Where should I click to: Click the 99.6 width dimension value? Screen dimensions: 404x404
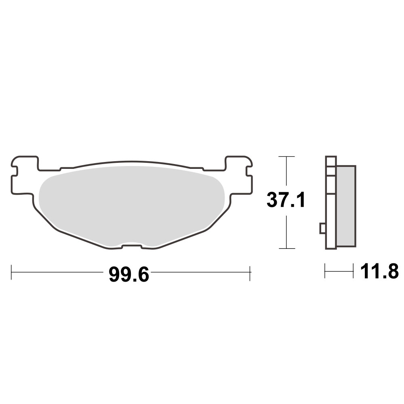coord(129,275)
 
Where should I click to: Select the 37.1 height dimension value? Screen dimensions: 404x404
coord(286,200)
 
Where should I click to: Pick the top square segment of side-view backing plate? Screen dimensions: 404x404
coord(330,161)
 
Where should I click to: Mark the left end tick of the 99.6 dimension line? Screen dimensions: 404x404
coord(12,272)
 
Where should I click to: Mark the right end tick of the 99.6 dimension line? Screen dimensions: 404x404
coord(251,272)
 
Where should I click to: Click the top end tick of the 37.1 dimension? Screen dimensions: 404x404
coord(286,156)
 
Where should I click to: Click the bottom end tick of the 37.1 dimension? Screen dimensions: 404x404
coord(286,248)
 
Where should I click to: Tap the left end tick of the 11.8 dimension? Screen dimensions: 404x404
coord(325,271)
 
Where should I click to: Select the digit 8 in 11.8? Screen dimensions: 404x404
coord(391,271)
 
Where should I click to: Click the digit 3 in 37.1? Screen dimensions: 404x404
coord(274,200)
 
